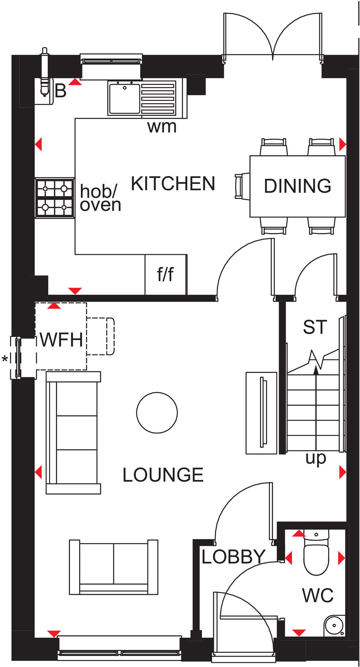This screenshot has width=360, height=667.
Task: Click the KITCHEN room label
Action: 173,184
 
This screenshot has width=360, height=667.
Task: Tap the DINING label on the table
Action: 297,186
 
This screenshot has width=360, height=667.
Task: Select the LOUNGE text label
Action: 163,475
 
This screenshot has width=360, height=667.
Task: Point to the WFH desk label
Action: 61,340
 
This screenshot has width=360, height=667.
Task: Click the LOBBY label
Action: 233,557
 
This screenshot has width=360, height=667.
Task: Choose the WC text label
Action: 318,596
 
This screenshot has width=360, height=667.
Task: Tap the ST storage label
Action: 315,327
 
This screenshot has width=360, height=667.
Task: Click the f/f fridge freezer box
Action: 166,274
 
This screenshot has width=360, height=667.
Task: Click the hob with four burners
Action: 55,198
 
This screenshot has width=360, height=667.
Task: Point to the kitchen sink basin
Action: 124,98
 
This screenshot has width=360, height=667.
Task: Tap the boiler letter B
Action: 61,91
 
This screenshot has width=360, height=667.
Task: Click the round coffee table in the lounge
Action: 157,412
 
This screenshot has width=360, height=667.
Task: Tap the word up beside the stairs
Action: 315,458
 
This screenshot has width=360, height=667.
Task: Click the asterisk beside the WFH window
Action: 5,359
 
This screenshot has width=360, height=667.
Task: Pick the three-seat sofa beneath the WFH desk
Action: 73,433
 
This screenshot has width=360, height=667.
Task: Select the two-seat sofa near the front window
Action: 113,566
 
